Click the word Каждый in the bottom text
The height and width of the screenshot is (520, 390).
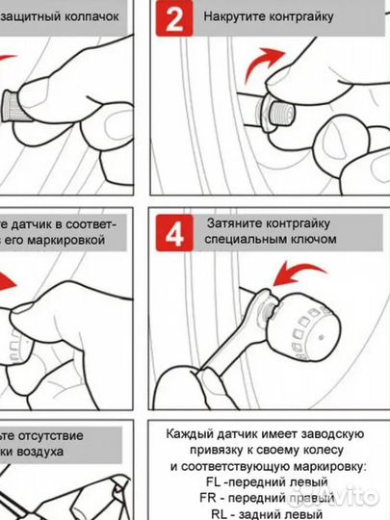[187, 432]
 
